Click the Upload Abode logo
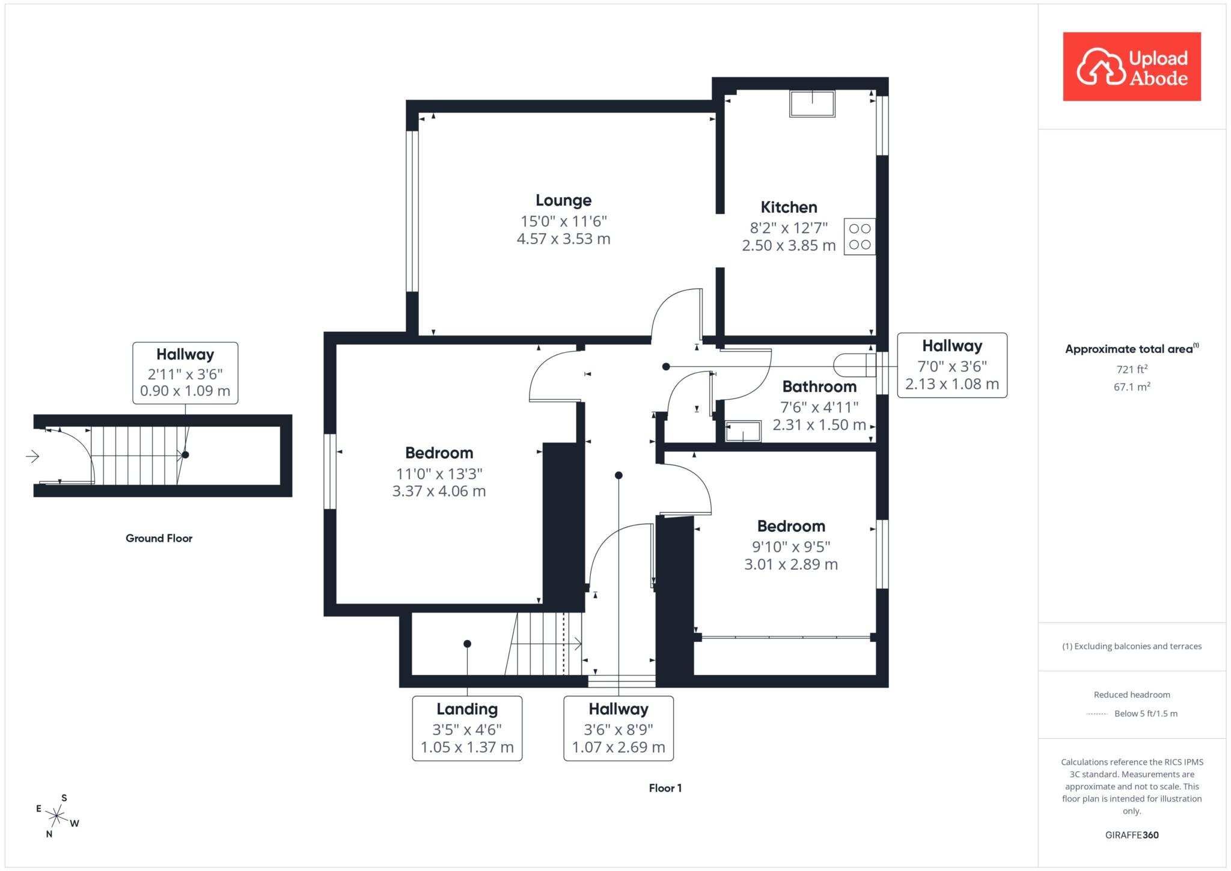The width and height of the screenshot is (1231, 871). click(x=1132, y=67)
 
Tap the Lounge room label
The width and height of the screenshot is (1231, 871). click(x=564, y=200)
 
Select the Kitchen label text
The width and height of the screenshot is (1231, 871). click(x=789, y=207)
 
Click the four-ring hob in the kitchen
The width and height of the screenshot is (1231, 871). click(x=860, y=237)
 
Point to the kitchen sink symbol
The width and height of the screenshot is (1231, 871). click(x=812, y=104)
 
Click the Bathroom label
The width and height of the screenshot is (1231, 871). click(x=819, y=387)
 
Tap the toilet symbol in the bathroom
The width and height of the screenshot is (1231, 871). click(x=854, y=365)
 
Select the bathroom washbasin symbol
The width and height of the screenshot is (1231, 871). click(x=743, y=432)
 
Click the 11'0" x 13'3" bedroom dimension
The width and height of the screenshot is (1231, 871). click(x=439, y=474)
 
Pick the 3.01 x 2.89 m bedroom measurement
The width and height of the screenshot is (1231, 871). click(x=791, y=564)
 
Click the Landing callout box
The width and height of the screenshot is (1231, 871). click(x=467, y=729)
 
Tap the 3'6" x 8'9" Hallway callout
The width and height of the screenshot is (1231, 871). click(x=619, y=729)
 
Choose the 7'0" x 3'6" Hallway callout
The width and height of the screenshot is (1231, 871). click(x=952, y=365)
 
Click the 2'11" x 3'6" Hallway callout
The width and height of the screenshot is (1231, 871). click(x=185, y=373)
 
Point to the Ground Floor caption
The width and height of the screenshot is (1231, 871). click(x=159, y=539)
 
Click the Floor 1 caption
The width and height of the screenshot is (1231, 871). click(x=665, y=788)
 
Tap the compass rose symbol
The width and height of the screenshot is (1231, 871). click(x=57, y=816)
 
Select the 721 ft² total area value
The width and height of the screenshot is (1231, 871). click(x=1132, y=369)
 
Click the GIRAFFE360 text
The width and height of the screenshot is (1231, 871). click(x=1132, y=835)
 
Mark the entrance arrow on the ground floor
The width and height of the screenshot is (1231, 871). click(x=32, y=457)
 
